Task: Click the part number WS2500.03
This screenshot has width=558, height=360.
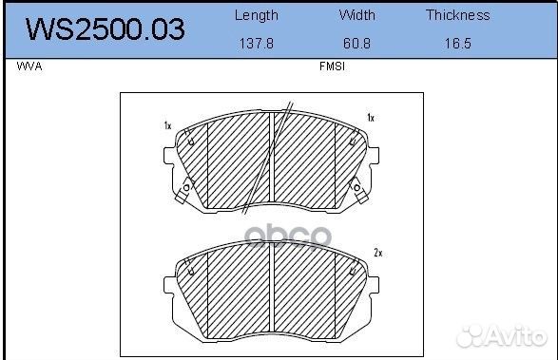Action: coord(106,29)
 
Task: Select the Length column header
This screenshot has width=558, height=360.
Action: coord(257,15)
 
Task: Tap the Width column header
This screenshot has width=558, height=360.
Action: coord(356,15)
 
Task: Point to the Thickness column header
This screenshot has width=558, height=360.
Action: coord(457,15)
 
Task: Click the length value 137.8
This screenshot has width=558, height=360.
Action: coord(257,44)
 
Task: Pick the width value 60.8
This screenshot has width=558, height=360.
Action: coord(356,44)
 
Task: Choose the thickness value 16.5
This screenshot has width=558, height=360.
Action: coord(457,44)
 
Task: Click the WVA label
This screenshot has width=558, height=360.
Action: coord(29,66)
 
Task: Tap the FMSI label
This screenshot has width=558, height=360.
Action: coord(332,66)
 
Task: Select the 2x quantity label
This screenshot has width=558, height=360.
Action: coord(378,253)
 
